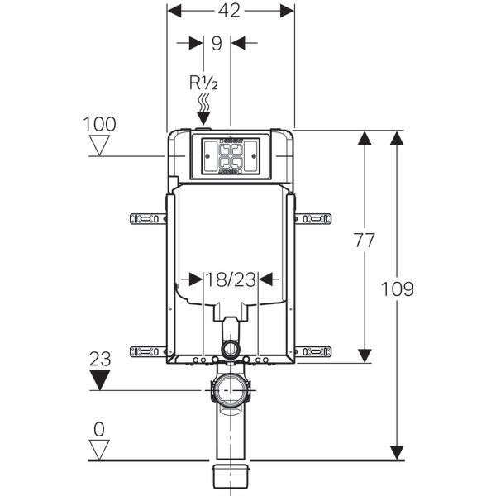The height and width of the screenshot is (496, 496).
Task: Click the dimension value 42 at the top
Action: pyautogui.click(x=231, y=10)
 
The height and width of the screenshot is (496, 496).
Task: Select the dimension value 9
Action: pyautogui.click(x=217, y=43)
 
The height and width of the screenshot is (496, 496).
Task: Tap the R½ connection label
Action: pyautogui.click(x=203, y=83)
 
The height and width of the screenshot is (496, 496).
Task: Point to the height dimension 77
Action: pyautogui.click(x=364, y=241)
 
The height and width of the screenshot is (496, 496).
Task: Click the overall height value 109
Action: pyautogui.click(x=398, y=289)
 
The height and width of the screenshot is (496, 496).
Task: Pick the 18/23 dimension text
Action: pyautogui.click(x=231, y=279)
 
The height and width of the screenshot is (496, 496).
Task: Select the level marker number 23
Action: pyautogui.click(x=100, y=360)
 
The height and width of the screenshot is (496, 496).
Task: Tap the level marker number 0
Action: pyautogui.click(x=100, y=431)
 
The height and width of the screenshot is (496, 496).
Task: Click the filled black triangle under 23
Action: pyautogui.click(x=100, y=380)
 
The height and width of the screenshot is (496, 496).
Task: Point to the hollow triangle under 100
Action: pyautogui.click(x=100, y=146)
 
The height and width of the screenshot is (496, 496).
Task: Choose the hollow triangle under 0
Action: pyautogui.click(x=100, y=451)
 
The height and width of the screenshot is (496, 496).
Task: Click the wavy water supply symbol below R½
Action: pyautogui.click(x=203, y=105)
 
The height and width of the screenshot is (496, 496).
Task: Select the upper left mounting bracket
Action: pyautogui.click(x=148, y=219)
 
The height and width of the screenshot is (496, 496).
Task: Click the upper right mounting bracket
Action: pyautogui.click(x=313, y=219)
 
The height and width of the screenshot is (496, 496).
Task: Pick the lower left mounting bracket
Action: pyautogui.click(x=148, y=351)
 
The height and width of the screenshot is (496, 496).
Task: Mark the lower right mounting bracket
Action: pyautogui.click(x=313, y=351)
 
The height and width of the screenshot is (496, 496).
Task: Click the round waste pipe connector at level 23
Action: pyautogui.click(x=231, y=389)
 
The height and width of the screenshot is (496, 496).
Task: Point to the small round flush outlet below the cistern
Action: pyautogui.click(x=231, y=348)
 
